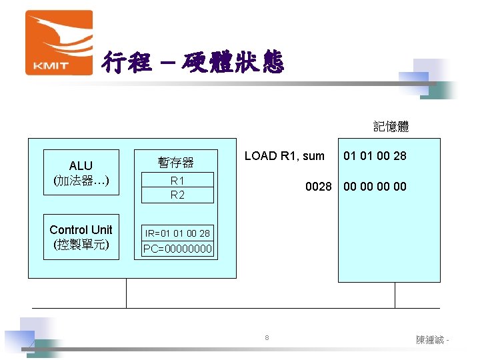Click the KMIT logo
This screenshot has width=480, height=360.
pos(58,43)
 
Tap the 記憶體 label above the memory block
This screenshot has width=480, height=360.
pos(391,126)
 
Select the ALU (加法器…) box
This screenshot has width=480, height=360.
pos(81,172)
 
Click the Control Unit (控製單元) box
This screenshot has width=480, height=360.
pos(81,237)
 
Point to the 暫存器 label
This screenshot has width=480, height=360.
pos(176,162)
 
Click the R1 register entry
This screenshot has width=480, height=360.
pos(177,181)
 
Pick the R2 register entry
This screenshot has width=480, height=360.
pos(177,195)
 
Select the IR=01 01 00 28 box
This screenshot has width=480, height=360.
pos(177,233)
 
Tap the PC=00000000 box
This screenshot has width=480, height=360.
pos(177,249)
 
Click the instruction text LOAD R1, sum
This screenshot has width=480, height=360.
pos(285,156)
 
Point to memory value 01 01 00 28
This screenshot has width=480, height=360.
pos(375,156)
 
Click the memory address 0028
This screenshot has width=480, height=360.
pos(318,187)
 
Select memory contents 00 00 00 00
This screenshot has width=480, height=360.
pos(375,187)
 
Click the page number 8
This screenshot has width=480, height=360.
pos(267,338)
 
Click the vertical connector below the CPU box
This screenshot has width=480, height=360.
pos(126,293)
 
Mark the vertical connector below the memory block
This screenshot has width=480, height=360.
pos(395,295)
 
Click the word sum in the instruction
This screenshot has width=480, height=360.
pos(313,156)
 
